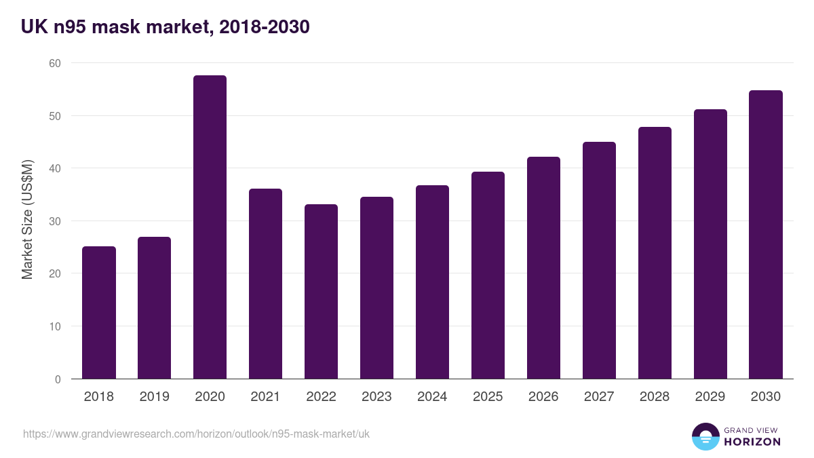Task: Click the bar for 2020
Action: [210, 227]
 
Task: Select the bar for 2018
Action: [99, 313]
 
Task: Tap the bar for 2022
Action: [321, 292]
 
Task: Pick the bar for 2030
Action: [766, 235]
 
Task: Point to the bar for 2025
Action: [488, 275]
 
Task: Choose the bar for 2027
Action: [599, 261]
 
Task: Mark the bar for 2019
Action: [154, 308]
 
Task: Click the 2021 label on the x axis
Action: [265, 397]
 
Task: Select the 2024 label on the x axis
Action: [432, 397]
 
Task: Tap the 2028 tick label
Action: [655, 397]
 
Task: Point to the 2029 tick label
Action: [710, 397]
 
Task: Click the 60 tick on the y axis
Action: [54, 63]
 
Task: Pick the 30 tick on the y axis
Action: [54, 221]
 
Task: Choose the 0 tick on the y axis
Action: [58, 379]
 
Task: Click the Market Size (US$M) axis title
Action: [27, 221]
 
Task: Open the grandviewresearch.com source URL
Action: [196, 434]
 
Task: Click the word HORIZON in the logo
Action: [752, 442]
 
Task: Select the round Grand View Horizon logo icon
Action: [705, 436]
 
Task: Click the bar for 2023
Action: [376, 288]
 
